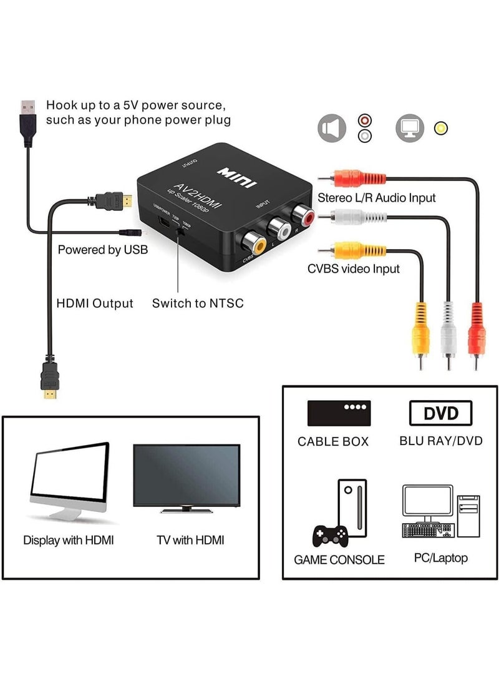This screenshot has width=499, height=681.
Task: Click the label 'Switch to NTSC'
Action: pyautogui.click(x=198, y=304)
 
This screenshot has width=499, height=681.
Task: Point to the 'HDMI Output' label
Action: pyautogui.click(x=95, y=304)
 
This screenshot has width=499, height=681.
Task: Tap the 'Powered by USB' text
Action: pyautogui.click(x=103, y=250)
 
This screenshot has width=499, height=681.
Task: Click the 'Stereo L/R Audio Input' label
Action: pyautogui.click(x=377, y=197)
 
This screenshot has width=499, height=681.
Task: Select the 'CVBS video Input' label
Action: pyautogui.click(x=354, y=268)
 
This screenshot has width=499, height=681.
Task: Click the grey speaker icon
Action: pyautogui.click(x=331, y=128)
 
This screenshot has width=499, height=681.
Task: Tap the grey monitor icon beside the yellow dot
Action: pyautogui.click(x=410, y=128)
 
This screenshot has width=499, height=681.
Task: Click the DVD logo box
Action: pyautogui.click(x=440, y=413)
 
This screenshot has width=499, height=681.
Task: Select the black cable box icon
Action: pyautogui.click(x=339, y=413)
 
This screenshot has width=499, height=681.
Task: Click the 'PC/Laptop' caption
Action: pyautogui.click(x=440, y=558)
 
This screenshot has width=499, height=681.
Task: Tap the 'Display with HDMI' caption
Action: pyautogui.click(x=69, y=540)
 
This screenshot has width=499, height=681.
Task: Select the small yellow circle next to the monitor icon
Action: pyautogui.click(x=441, y=129)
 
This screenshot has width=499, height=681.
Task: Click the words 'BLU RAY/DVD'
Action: pyautogui.click(x=440, y=441)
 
